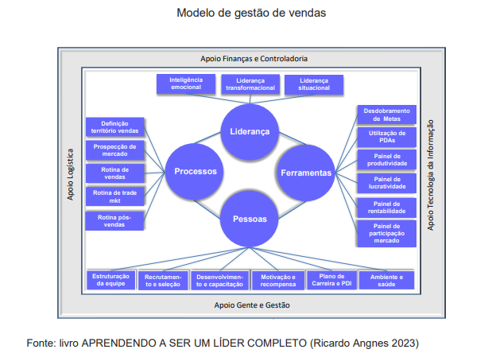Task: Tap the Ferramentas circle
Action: [x=306, y=172]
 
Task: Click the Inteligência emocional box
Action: [x=185, y=84]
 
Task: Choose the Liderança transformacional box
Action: [x=250, y=85]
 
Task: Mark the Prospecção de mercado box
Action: [x=115, y=150]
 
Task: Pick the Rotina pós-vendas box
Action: [x=115, y=220]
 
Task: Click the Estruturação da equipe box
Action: [x=110, y=280]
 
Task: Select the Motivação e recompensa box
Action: [x=277, y=280]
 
